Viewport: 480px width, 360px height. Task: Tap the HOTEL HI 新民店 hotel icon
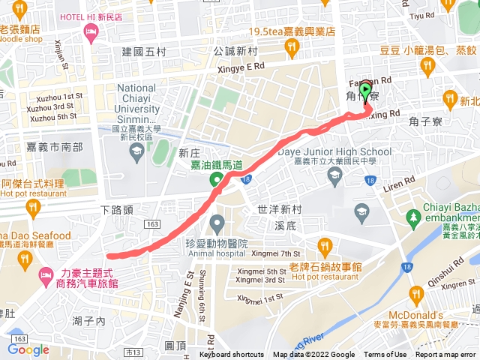click(91, 31)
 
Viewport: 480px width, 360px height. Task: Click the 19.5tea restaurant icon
click(292, 49)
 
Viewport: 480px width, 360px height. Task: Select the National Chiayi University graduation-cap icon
click(136, 153)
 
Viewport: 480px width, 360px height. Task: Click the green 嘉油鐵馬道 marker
click(216, 178)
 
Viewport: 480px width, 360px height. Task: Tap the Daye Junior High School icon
click(335, 175)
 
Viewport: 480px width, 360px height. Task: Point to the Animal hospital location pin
click(217, 223)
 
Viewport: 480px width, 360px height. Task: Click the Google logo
click(28, 349)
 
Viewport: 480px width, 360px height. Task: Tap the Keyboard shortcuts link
click(232, 355)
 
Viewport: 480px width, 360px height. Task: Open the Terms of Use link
click(385, 355)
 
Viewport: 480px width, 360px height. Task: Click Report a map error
click(445, 355)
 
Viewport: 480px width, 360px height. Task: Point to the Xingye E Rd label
click(241, 66)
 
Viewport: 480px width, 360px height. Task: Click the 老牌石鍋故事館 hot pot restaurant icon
click(324, 245)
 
